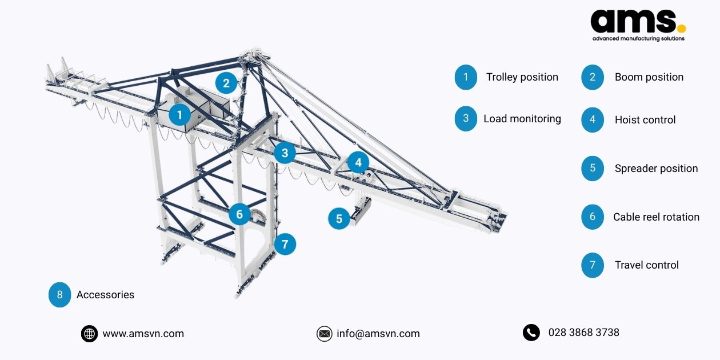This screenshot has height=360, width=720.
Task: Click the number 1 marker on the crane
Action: pos(179,115)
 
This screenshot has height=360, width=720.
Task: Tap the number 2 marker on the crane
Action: pos(226,83)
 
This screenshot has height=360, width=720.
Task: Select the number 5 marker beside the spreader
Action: pos(339,218)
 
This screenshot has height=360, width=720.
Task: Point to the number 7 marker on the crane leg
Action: pos(285,245)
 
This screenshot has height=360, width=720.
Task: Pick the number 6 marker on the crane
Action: pos(239,215)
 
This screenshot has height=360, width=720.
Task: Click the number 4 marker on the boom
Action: pos(358,162)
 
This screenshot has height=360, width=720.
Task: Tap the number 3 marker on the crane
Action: pos(285,153)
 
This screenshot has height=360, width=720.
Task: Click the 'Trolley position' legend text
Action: pos(522,77)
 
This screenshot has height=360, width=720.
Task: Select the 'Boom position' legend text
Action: pos(649,77)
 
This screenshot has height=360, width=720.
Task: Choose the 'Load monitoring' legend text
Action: pos(522,119)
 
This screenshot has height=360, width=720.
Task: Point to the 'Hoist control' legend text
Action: pos(645,120)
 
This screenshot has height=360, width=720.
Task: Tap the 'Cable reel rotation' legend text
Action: pos(656,217)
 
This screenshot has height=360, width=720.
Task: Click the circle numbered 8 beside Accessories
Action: pos(59,295)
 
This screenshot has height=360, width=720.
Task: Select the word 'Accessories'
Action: pos(105,295)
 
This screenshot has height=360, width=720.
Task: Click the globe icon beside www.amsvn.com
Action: pos(89,334)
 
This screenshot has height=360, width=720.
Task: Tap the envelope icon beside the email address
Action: pos(324,334)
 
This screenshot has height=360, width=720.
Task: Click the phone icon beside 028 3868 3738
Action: pos(531,333)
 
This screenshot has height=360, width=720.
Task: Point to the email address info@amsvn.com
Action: pos(378,334)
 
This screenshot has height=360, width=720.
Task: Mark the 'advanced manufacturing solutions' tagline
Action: pos(638,39)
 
